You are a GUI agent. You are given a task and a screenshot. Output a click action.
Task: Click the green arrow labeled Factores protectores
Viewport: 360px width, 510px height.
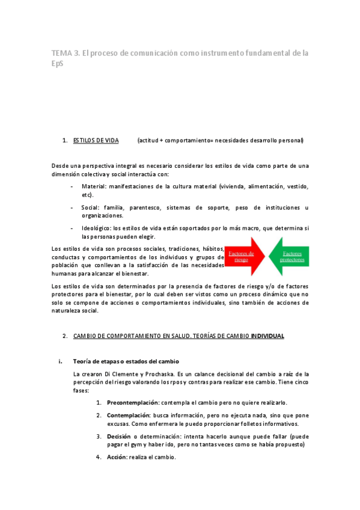(290, 257)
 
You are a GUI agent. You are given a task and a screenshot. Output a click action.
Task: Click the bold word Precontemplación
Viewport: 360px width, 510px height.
(131, 402)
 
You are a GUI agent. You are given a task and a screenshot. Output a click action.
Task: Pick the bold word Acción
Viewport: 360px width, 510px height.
(117, 457)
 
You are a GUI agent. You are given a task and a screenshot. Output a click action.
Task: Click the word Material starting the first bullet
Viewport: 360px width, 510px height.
(93, 186)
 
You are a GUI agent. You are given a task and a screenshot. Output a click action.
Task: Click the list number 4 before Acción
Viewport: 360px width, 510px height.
(98, 457)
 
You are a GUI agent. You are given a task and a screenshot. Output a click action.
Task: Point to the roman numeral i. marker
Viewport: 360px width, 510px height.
(59, 361)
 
